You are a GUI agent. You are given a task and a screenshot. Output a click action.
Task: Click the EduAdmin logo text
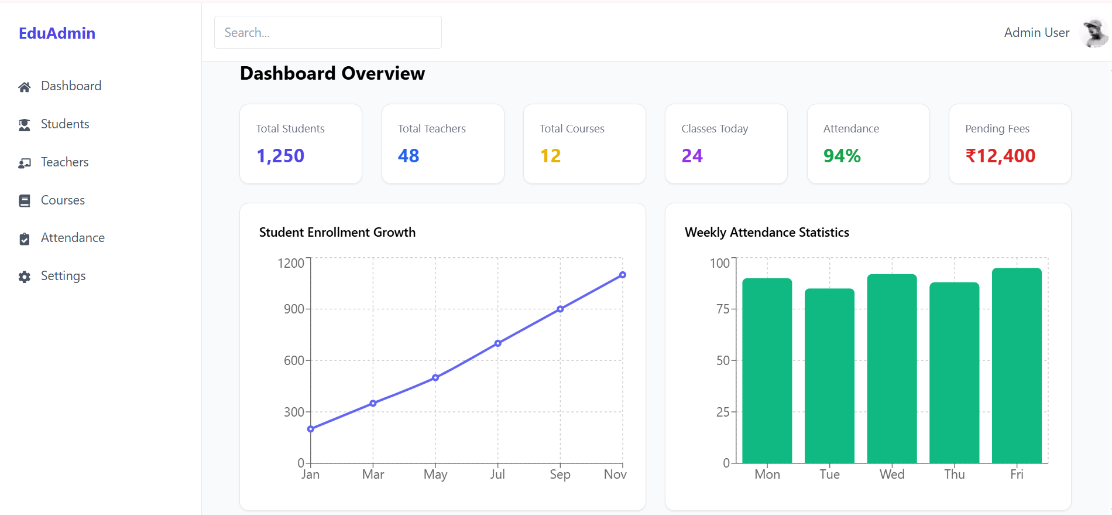click(57, 33)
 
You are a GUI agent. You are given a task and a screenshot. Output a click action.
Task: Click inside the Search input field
click(328, 32)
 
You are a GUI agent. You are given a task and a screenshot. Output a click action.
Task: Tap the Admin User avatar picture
click(1094, 33)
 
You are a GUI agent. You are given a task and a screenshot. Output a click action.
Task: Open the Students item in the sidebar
click(64, 124)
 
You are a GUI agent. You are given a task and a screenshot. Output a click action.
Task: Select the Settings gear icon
click(24, 277)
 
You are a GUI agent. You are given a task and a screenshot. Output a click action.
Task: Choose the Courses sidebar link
click(63, 200)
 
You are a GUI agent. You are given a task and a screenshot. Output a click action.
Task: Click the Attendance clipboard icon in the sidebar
click(24, 238)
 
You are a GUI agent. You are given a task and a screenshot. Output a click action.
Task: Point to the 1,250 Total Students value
click(280, 156)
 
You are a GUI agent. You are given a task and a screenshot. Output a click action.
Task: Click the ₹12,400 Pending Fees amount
click(1000, 156)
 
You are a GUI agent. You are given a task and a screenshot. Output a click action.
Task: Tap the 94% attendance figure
click(842, 156)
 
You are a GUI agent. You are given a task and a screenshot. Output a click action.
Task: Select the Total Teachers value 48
click(409, 156)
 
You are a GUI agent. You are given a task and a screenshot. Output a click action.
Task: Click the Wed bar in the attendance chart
click(892, 369)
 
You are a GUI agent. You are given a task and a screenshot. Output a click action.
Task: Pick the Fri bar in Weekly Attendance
click(1017, 366)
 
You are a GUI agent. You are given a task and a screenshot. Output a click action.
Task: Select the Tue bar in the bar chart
click(829, 376)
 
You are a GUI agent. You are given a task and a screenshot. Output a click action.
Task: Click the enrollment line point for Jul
click(497, 343)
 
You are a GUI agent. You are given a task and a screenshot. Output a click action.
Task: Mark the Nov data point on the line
click(623, 275)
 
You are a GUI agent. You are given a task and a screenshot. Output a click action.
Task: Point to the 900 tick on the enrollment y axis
click(294, 309)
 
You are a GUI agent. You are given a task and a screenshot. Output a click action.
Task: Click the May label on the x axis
click(435, 474)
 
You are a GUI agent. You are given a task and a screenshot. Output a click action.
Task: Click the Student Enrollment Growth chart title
click(337, 233)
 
